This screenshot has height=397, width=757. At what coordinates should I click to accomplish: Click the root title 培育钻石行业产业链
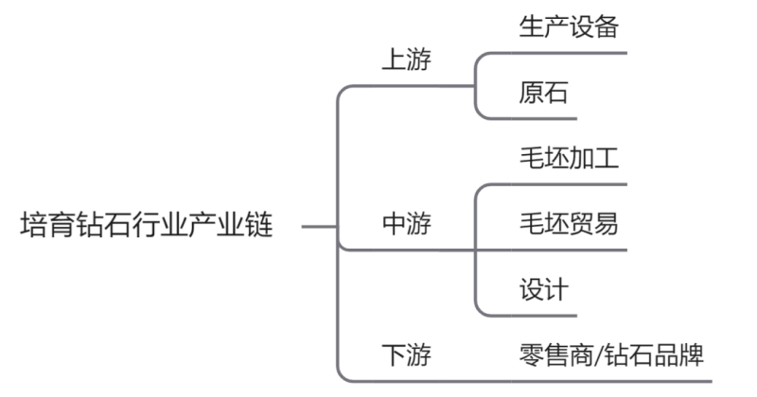147,224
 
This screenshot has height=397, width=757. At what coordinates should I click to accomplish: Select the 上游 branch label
407,60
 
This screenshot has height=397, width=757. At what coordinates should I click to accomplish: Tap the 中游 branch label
407,224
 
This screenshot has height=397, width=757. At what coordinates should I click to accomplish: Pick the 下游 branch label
407,355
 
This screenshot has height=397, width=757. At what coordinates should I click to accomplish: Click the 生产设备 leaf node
569,26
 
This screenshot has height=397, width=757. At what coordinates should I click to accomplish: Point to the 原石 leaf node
543,92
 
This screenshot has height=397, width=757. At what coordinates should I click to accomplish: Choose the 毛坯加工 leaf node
569,158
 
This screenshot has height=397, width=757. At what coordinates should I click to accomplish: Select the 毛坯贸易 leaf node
569,224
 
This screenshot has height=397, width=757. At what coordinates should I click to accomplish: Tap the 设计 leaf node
543,289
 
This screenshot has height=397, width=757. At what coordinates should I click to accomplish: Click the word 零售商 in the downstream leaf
556,355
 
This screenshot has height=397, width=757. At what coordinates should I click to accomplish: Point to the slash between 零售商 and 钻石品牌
599,355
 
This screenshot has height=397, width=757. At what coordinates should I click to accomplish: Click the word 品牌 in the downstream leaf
678,355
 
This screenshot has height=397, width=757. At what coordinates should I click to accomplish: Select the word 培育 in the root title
45,224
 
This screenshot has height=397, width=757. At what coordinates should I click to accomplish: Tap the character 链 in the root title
259,224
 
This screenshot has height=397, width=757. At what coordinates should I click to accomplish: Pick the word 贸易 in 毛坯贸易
594,224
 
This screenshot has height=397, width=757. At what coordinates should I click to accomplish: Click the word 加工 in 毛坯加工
594,158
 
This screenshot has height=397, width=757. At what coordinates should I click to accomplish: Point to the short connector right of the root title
319,226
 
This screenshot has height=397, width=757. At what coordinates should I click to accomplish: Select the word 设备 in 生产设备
594,26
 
